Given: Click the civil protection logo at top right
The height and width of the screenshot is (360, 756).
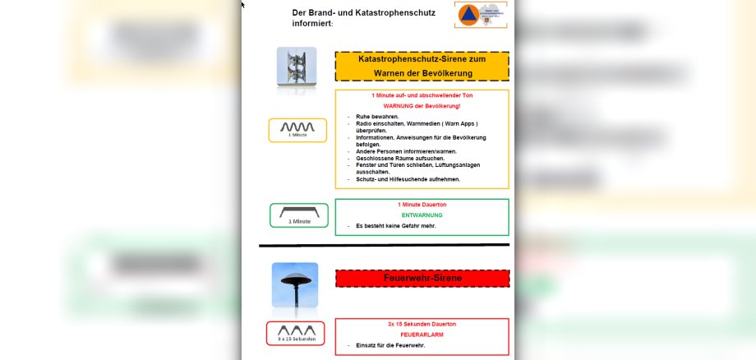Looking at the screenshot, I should tap(480, 15).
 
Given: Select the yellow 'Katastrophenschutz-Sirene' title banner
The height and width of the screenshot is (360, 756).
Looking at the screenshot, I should tap(422, 66).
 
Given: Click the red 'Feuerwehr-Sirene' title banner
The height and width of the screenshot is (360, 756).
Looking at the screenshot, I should tap(422, 279).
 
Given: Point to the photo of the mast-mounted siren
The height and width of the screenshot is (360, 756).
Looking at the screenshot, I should tap(296, 67).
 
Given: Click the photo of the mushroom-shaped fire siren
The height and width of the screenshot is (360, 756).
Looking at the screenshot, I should tap(294, 284).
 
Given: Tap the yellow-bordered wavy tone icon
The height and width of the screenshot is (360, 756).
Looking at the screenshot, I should tap(297, 130).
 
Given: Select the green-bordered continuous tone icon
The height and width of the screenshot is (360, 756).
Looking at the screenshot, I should tap(298, 215).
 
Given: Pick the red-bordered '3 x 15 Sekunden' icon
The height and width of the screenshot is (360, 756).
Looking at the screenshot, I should tap(295, 333).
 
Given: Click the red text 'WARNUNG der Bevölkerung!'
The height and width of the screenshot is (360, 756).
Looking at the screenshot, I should tap(422, 106).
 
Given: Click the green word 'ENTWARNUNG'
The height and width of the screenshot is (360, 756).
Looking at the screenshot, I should tap(422, 215).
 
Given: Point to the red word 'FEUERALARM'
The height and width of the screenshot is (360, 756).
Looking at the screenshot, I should tap(422, 335).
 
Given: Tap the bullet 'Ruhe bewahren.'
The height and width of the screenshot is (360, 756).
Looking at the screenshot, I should tap(377, 117).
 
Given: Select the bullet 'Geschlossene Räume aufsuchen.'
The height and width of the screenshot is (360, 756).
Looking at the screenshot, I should tap(400, 158).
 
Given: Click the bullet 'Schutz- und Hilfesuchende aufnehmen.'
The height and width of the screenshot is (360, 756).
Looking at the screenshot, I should tap(408, 179).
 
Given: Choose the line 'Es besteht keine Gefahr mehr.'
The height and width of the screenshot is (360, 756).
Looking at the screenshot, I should tap(395, 226).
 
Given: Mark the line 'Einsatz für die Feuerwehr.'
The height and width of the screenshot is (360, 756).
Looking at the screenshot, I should tap(390, 345).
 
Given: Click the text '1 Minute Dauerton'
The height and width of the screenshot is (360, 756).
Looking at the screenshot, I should tap(422, 204).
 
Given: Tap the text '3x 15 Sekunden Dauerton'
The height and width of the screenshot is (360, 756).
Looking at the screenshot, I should tap(422, 324).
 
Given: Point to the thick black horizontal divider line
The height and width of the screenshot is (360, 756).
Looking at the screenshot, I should tap(384, 245).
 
